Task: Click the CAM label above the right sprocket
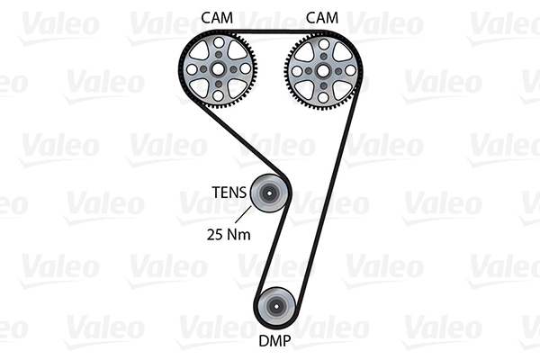click(321, 16)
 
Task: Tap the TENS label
click(228, 191)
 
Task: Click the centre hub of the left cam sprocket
click(218, 69)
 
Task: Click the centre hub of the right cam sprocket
click(323, 69)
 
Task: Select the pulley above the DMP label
click(276, 307)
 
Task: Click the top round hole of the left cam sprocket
click(218, 44)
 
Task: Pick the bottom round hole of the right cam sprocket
click(323, 94)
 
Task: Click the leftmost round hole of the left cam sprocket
click(193, 69)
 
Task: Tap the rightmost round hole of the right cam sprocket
click(348, 69)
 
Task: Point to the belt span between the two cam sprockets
click(270, 31)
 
